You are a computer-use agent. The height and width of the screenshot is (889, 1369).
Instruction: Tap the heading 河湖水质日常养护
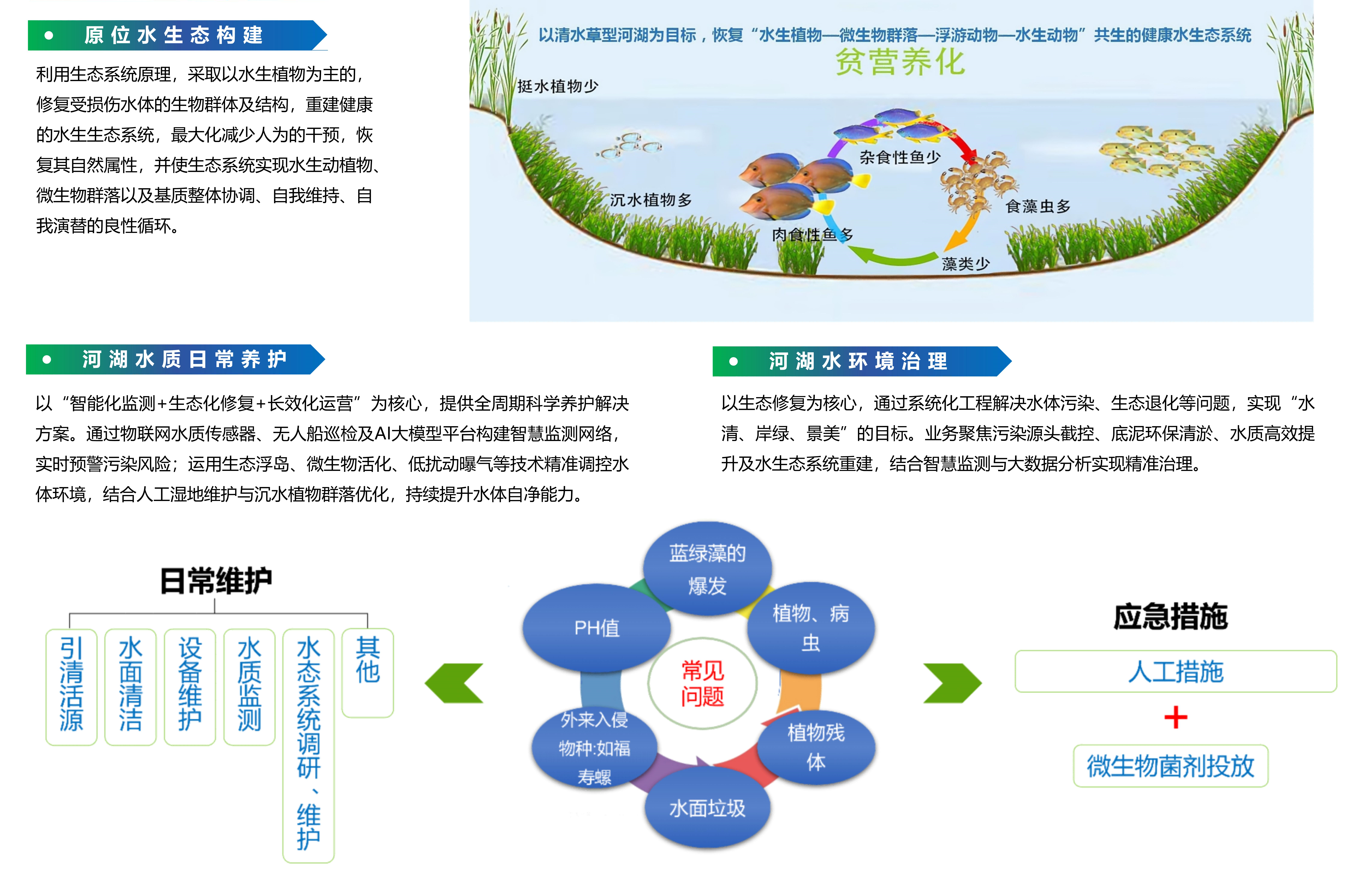[x=184, y=359]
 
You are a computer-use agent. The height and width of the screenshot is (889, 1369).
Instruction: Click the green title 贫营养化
[x=900, y=62]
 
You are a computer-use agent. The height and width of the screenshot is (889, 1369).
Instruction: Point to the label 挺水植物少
[x=558, y=86]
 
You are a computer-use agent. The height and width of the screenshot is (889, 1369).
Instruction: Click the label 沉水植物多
[x=651, y=200]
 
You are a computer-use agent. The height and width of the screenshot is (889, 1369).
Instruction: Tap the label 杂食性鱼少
[x=900, y=157]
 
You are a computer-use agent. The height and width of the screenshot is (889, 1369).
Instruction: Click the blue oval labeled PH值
[x=596, y=628]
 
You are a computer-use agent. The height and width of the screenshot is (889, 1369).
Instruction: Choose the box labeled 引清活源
[x=71, y=687]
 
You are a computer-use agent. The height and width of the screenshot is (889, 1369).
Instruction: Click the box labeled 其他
[x=368, y=673]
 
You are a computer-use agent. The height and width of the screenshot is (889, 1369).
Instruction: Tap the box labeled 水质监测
[x=249, y=687]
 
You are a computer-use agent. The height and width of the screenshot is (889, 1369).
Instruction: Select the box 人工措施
[x=1176, y=671]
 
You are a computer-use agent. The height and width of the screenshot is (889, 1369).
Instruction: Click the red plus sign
[x=1176, y=717]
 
